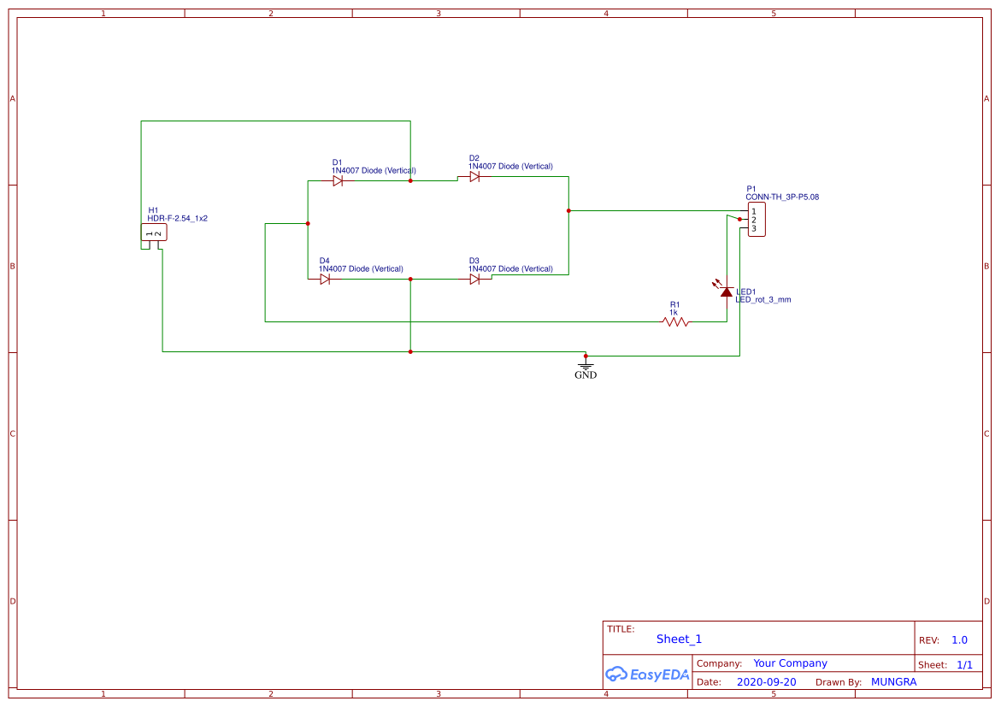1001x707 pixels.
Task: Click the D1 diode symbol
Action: coord(338,181)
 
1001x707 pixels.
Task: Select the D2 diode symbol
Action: coord(474,177)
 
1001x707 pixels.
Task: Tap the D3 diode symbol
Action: coord(474,279)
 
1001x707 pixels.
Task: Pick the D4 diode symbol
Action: coord(325,279)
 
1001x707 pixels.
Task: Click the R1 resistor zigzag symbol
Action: coord(675,322)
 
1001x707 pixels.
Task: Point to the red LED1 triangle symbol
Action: coord(727,292)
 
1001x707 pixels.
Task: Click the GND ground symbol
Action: coord(586,366)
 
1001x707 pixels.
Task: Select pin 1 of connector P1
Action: coord(754,211)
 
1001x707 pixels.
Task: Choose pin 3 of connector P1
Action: coord(754,228)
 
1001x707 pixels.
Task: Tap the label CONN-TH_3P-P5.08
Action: coord(782,197)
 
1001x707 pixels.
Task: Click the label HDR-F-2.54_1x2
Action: coord(178,219)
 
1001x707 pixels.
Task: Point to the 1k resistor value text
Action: coord(674,313)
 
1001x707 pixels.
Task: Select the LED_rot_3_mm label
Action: coord(763,300)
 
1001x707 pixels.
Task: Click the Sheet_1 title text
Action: coord(679,639)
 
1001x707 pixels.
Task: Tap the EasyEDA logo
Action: coord(647,674)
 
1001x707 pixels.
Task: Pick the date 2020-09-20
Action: coord(766,682)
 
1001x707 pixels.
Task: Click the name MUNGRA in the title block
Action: coord(893,682)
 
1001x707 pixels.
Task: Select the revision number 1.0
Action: coord(959,640)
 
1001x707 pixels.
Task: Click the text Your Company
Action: coord(790,663)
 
